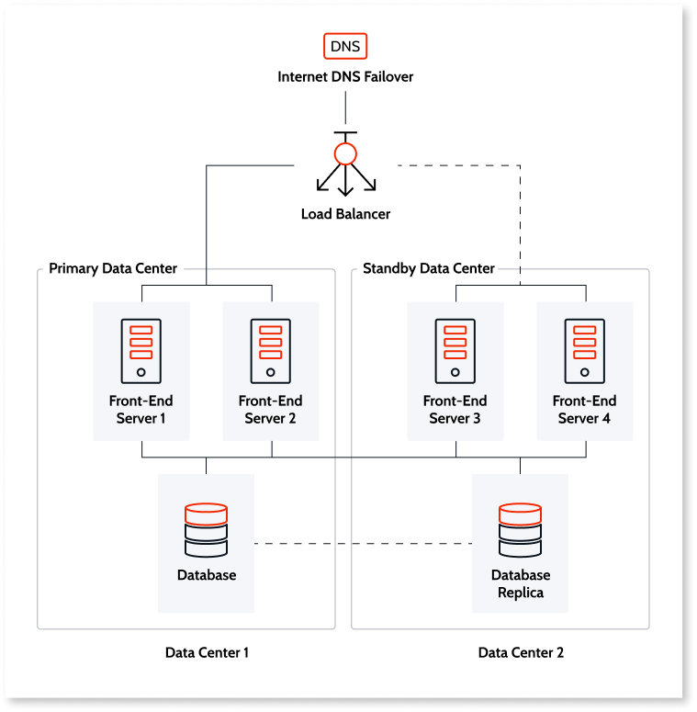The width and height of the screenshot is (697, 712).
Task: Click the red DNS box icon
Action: [x=345, y=46]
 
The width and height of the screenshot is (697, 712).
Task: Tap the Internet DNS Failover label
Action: [x=345, y=77]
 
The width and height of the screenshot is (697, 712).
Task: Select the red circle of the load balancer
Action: [x=345, y=153]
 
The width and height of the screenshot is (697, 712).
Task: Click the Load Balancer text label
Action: [x=345, y=214]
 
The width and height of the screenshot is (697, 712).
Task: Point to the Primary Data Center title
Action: [x=113, y=268]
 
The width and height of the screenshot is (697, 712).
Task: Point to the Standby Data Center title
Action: [x=429, y=268]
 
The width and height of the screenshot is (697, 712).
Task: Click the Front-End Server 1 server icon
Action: [x=141, y=351]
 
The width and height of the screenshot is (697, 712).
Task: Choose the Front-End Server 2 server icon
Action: [x=270, y=351]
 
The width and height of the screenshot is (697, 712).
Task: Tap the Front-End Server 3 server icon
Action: [x=455, y=351]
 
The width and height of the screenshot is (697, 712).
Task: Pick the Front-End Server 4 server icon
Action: [x=584, y=351]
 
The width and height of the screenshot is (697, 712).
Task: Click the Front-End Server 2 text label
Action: [x=270, y=410]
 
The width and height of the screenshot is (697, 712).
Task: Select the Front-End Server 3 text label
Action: [x=455, y=410]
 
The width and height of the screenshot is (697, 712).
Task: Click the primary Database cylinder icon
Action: [x=206, y=529]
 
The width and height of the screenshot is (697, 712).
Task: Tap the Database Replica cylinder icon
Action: [x=520, y=529]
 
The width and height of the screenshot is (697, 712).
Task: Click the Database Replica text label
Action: [x=521, y=584]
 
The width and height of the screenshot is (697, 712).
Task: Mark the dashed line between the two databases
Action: [x=363, y=544]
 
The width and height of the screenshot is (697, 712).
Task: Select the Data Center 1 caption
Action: [x=207, y=653]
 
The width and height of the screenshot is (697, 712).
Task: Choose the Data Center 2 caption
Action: [x=521, y=653]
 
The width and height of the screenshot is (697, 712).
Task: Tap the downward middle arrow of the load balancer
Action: [x=345, y=184]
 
